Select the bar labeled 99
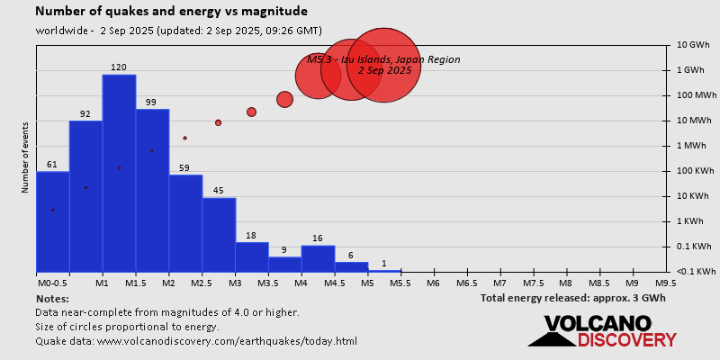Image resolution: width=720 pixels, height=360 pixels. [x=152, y=190]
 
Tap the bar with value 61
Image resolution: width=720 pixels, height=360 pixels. [x=52, y=221]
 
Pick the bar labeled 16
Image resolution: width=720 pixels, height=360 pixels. [x=318, y=258]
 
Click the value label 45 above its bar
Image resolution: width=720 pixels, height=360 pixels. [x=218, y=190]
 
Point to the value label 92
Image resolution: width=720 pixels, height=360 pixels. [x=85, y=113]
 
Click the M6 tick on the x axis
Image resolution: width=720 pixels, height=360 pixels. [x=433, y=283]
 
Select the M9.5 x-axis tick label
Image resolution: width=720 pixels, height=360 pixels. [x=666, y=283]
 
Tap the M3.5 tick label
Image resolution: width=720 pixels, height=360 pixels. [x=267, y=283]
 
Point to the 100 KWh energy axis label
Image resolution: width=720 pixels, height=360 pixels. [x=696, y=171]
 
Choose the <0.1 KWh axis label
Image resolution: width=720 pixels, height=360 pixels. [x=695, y=272]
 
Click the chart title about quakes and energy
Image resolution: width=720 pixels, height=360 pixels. [x=171, y=12]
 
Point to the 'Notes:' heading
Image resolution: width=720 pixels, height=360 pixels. [x=52, y=298]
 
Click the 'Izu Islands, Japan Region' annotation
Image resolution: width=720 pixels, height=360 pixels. [x=384, y=59]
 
